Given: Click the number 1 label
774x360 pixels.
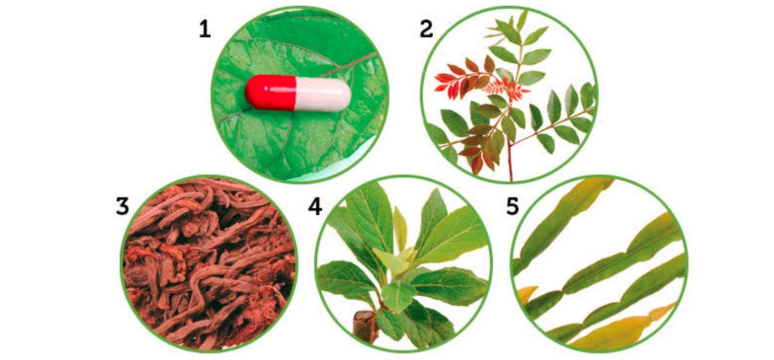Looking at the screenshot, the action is click(x=205, y=29).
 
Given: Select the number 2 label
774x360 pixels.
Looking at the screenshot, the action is click(x=426, y=29).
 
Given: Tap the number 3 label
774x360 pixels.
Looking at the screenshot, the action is click(x=122, y=206).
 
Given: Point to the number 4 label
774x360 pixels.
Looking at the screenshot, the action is click(x=315, y=206).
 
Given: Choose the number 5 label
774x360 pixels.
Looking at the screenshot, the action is click(x=512, y=206).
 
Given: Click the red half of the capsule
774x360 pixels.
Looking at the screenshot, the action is click(x=271, y=93).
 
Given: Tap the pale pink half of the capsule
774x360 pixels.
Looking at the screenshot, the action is click(x=323, y=94).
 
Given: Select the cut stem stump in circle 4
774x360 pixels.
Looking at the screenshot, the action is click(x=364, y=325).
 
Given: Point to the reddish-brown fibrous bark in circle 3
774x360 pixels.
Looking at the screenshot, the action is click(x=209, y=264).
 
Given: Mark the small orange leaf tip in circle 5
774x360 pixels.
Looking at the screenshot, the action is click(x=526, y=294).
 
